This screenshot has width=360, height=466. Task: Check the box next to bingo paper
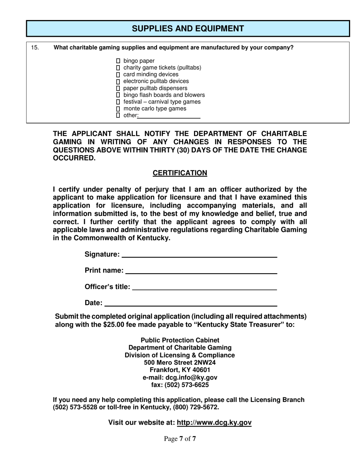pos(118,61)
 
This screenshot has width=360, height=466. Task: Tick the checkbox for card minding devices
pos(118,74)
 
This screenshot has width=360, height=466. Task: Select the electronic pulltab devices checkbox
pos(118,81)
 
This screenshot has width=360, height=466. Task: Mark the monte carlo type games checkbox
pos(118,109)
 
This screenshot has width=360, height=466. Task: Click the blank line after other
pos(169,116)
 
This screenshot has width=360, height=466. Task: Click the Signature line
pos(199,254)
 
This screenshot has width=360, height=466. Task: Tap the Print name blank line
pos(201,271)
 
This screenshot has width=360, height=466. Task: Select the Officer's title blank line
pos(204,287)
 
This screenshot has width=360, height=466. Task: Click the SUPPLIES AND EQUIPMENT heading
pos(188,29)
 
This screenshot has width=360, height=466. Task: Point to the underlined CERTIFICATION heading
pos(180,173)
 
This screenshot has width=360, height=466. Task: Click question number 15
pos(35,48)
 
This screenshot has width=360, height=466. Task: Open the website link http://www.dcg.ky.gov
pos(214,422)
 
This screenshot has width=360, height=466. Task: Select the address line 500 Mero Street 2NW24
pos(180,363)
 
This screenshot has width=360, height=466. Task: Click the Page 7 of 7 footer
pos(180,439)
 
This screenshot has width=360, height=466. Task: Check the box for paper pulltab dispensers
pos(118,88)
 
